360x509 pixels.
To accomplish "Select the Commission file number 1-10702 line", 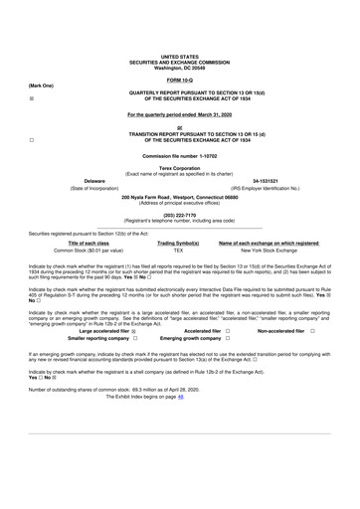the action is tap(179, 156).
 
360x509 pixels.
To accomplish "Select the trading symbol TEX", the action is tap(179, 251).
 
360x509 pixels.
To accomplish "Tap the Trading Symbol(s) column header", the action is tap(179, 243).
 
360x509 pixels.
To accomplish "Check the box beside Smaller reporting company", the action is tap(133, 338).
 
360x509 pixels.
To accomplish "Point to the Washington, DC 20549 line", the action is tap(179, 67).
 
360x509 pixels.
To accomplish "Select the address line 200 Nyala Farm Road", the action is tap(179, 196).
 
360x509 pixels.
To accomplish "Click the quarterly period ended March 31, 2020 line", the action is tap(179, 115).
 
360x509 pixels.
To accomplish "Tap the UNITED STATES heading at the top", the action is tap(179, 57).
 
